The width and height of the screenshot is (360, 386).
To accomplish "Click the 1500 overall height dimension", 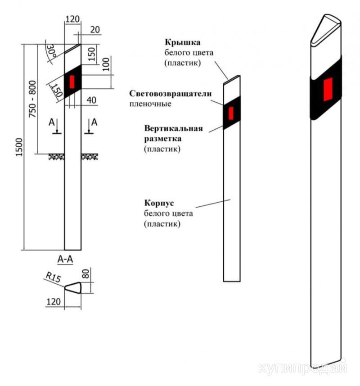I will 18,147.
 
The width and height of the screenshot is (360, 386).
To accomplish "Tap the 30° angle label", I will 52,51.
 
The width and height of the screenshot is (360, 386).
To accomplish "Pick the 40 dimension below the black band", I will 91,100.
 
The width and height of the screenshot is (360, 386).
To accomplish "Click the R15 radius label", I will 53,278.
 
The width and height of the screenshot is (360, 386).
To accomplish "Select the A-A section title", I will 66,259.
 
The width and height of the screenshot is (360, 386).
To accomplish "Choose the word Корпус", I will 157,203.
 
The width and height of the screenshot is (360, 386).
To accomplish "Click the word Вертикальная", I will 173,128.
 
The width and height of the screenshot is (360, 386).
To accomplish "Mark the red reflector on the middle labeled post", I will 231,113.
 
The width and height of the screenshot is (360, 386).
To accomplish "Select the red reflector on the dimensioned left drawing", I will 72,82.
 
